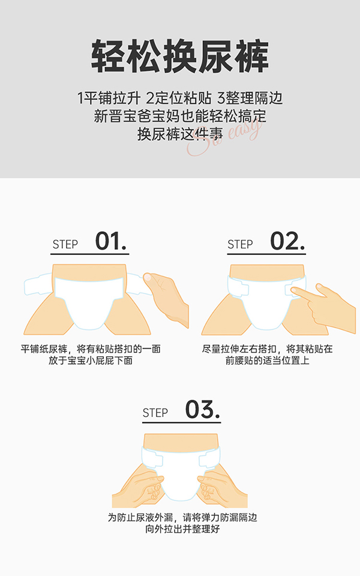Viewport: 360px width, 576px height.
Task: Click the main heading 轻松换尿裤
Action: tap(180, 58)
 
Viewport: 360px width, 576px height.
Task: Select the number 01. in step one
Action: tap(111, 242)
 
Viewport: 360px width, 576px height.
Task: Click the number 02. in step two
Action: tap(287, 242)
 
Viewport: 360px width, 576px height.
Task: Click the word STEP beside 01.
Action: tap(65, 245)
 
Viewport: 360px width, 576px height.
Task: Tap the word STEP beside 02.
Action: tap(240, 245)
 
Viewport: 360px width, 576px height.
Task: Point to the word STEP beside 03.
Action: tap(155, 413)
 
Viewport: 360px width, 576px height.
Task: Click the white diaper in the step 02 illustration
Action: tap(267, 303)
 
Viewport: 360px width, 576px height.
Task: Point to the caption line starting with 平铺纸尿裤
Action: tap(91, 349)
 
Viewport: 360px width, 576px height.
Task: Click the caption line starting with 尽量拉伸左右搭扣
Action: tap(267, 349)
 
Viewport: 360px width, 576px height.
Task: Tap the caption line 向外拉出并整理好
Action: tap(181, 529)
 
